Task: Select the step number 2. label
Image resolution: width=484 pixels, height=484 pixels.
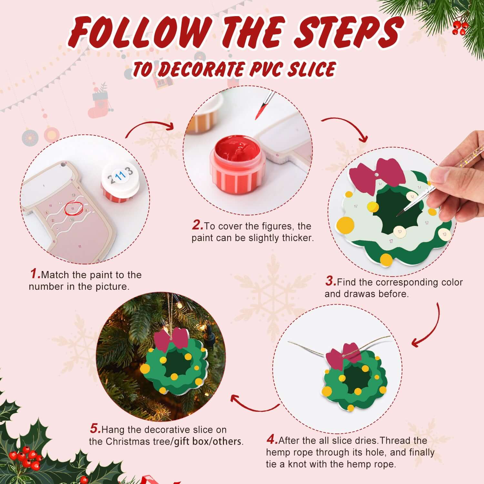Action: point(197,225)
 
